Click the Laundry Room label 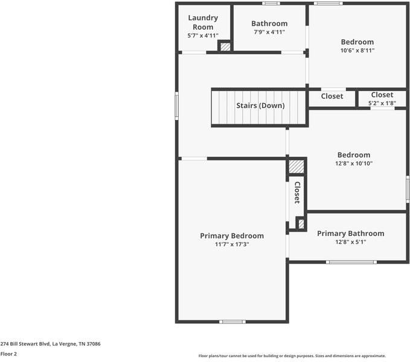point(203,22)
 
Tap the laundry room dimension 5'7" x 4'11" point(203,36)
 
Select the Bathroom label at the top point(269,24)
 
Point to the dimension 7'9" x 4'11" point(269,33)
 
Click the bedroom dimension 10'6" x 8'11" point(357,51)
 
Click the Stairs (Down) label point(260,106)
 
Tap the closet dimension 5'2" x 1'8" point(382,103)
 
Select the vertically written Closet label point(297,193)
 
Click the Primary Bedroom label point(232,236)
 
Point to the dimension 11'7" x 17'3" point(232,244)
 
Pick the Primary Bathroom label point(350,233)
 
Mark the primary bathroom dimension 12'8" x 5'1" point(350,242)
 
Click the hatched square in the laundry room point(224,46)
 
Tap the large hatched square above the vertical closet point(295,167)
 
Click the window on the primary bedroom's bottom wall point(232,322)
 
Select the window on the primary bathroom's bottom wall point(351,262)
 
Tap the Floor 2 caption point(8,354)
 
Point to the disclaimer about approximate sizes point(292,356)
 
